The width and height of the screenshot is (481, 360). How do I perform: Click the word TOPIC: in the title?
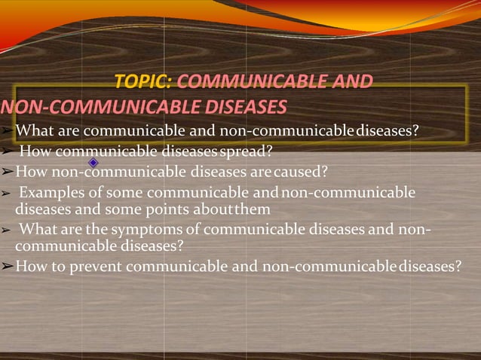click(x=143, y=81)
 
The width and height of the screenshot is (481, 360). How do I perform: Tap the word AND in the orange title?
click(x=347, y=81)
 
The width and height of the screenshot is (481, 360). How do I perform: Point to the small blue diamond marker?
click(x=93, y=163)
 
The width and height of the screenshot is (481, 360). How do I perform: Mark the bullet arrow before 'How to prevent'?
click(x=6, y=266)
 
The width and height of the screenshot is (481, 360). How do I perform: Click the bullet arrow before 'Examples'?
click(x=6, y=193)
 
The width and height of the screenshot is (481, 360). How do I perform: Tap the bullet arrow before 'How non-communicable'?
click(x=6, y=170)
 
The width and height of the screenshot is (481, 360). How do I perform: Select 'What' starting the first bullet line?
click(x=34, y=130)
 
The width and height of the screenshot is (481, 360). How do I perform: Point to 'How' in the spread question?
click(x=34, y=151)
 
